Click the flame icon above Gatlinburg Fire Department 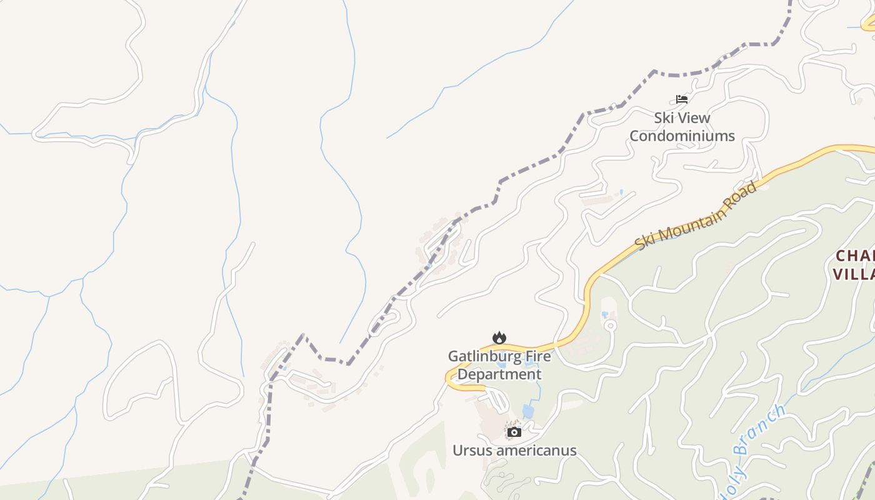(499, 338)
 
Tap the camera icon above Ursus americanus (514, 432)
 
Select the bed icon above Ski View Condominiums (682, 99)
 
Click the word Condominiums (682, 136)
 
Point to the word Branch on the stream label (760, 431)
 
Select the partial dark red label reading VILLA (854, 274)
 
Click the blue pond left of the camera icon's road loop (528, 411)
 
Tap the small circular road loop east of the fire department (610, 325)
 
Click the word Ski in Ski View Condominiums (666, 117)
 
